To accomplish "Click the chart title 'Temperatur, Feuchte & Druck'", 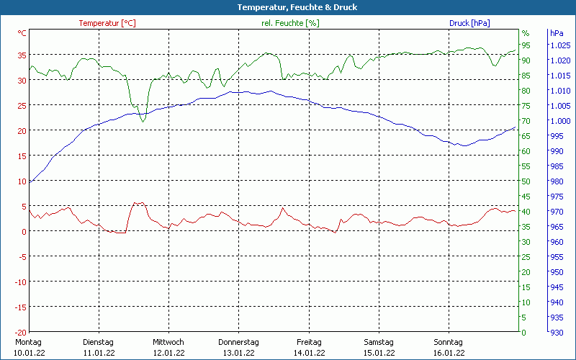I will [x=288, y=7].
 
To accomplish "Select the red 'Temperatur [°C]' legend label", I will [x=107, y=23].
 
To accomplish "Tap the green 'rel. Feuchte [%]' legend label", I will [x=290, y=23].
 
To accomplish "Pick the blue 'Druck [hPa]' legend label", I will [x=469, y=23].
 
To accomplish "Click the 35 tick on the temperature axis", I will [x=22, y=55].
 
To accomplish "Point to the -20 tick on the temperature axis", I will [x=21, y=332].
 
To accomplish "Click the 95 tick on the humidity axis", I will [x=526, y=45].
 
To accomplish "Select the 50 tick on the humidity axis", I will [x=526, y=181].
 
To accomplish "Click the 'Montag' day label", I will [x=28, y=342].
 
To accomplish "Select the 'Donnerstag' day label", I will [x=238, y=342].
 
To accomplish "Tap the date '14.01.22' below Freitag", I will [x=309, y=353].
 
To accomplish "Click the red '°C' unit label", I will [x=22, y=33].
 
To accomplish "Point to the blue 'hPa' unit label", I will [x=557, y=33].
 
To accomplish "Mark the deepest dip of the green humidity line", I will [x=143, y=121].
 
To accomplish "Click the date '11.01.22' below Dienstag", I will [x=99, y=353].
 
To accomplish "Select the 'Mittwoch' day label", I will [x=168, y=342].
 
